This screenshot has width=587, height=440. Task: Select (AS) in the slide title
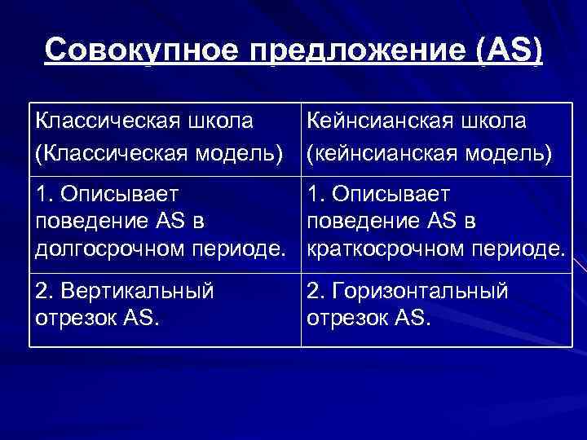click(505, 51)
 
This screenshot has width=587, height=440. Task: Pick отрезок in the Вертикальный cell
click(73, 316)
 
